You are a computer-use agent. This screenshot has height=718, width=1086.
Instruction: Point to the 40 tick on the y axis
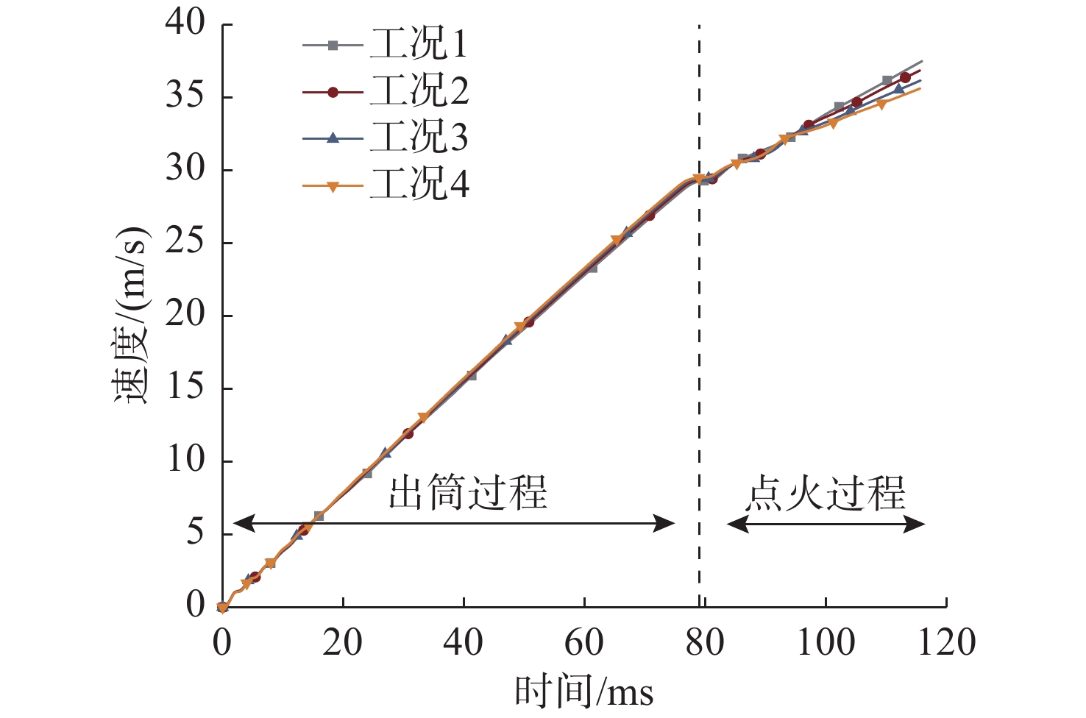coord(185,24)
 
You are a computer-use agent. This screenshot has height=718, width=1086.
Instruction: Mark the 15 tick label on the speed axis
coord(185,388)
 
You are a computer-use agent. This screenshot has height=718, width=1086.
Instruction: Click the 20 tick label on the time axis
coord(343,643)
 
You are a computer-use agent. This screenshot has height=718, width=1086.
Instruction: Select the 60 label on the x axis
coord(584,643)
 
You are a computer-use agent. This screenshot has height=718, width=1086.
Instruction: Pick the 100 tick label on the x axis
coord(826,643)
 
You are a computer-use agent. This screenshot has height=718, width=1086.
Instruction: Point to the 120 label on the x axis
coord(946,643)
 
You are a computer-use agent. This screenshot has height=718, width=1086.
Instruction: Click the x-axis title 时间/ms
coord(584,692)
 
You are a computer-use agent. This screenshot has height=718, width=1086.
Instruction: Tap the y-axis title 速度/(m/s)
coord(132,315)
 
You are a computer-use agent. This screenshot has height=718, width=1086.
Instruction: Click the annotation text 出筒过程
coord(468,493)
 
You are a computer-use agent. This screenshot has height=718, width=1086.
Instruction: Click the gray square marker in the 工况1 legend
coord(333,46)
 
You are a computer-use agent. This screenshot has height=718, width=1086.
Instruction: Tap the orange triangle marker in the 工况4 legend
coord(333,185)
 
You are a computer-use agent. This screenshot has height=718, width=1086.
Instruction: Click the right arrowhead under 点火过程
coord(917,524)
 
